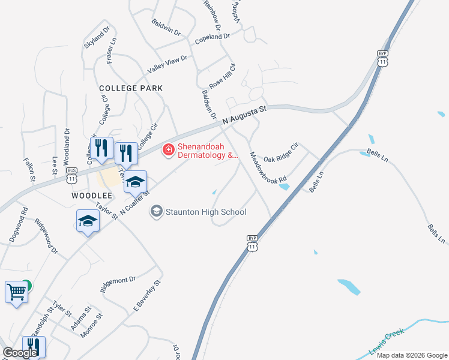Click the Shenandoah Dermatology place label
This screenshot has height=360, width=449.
[208, 151]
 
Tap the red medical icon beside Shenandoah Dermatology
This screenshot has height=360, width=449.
[169, 148]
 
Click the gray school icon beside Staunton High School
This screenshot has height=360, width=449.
[157, 211]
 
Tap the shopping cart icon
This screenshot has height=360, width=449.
[16, 293]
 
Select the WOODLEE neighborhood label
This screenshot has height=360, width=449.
[92, 196]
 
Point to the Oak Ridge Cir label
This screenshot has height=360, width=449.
[281, 153]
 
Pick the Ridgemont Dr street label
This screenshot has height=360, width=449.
[118, 284]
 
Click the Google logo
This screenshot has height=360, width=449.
[20, 353]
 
